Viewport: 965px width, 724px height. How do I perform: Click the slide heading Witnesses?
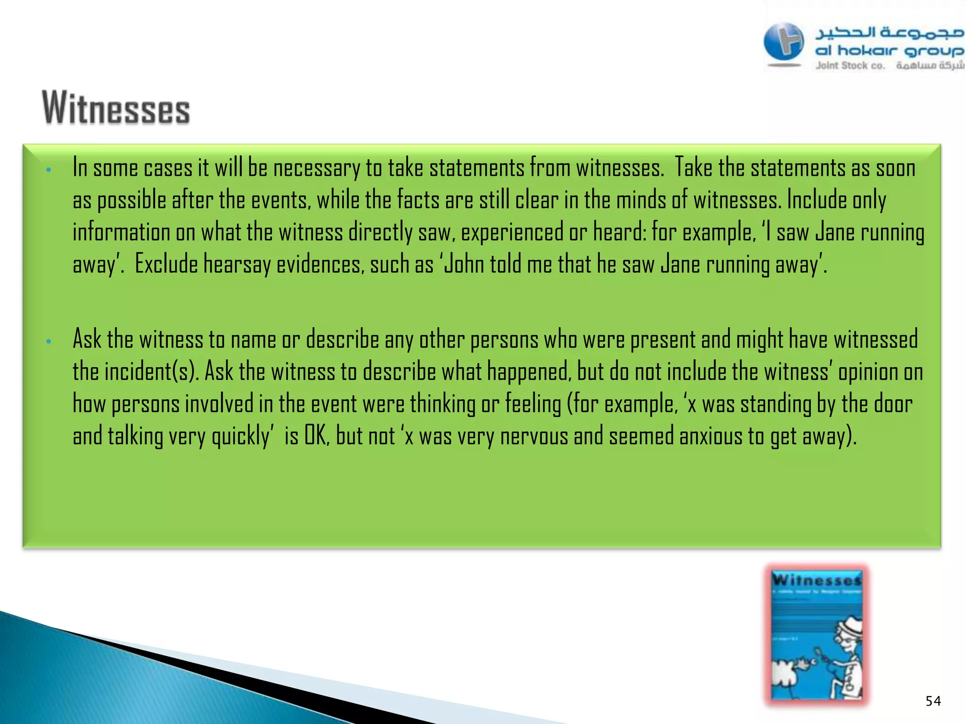point(116,108)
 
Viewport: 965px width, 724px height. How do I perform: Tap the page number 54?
point(933,701)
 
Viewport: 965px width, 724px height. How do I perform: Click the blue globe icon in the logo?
point(784,43)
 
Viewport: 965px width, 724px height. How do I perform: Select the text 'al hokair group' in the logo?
point(889,50)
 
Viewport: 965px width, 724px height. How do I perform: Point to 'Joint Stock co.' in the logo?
point(850,66)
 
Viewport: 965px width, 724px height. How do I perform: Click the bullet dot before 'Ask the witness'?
point(49,341)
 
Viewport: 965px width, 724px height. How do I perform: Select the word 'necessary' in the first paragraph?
point(317,168)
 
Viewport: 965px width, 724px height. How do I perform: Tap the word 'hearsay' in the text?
point(237,264)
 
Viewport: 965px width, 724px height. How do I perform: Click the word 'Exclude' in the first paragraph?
point(166,264)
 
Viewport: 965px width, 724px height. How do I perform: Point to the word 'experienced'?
point(512,232)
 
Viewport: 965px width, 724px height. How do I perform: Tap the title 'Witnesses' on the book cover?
point(817,579)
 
